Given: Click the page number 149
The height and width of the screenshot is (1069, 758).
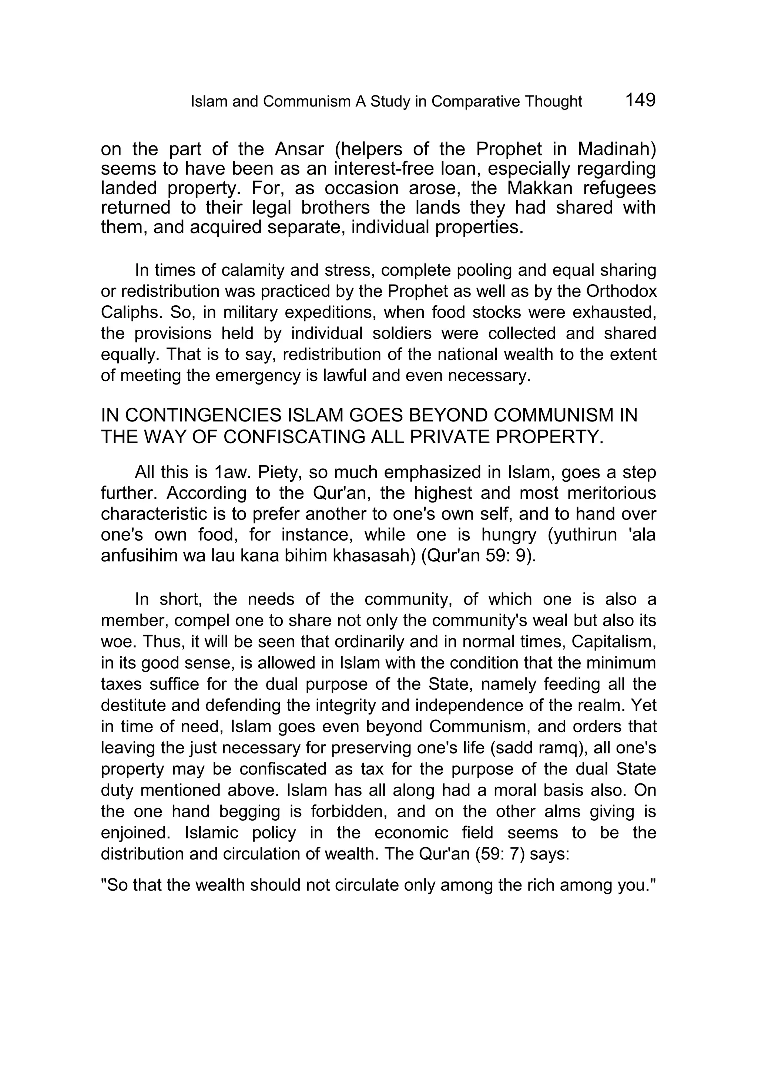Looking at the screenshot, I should [x=640, y=100].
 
